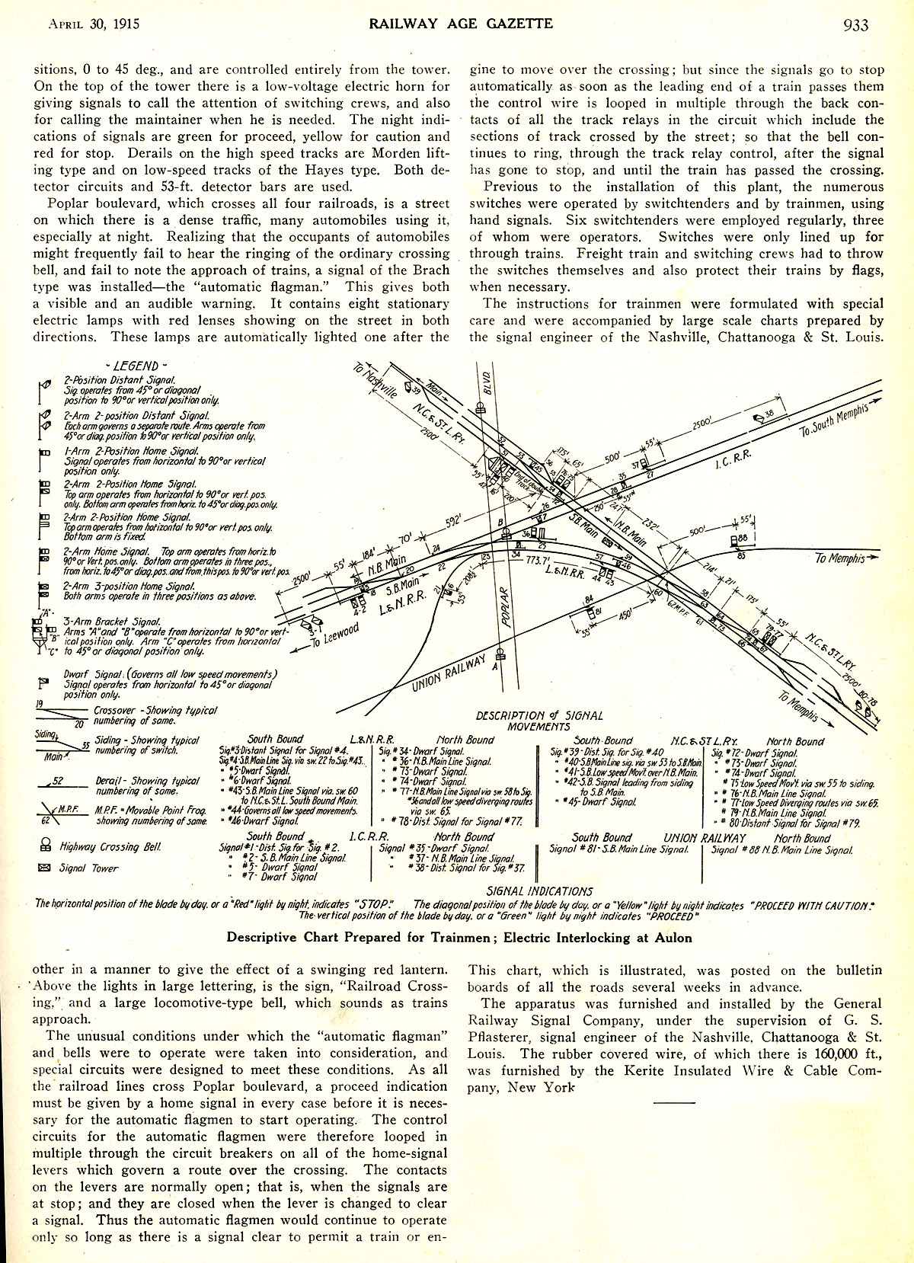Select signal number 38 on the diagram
(769, 414)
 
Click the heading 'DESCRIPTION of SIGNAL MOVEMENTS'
(539, 721)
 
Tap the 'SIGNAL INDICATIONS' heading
(540, 890)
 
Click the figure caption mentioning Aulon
(459, 938)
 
